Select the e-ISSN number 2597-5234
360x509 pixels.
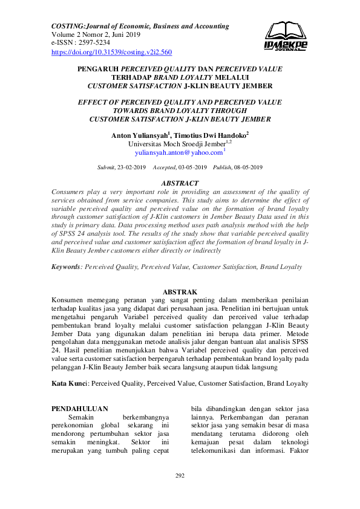click(x=94, y=44)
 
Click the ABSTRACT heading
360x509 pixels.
click(x=180, y=183)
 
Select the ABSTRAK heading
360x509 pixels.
click(x=180, y=292)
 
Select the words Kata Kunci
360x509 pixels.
click(x=70, y=383)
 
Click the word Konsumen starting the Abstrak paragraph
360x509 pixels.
click(x=70, y=300)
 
